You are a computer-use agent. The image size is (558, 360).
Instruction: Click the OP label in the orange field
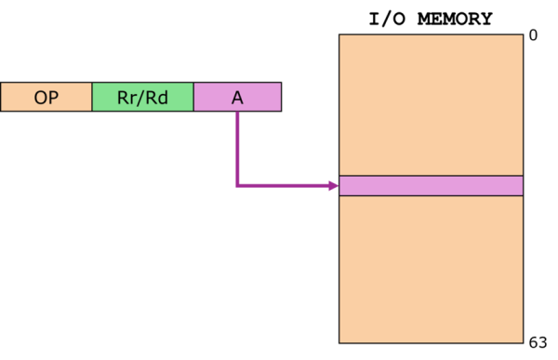[x=46, y=97]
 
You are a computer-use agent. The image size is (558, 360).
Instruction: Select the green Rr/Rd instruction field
[x=142, y=97]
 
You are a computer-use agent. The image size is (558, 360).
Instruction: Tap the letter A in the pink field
[x=237, y=97]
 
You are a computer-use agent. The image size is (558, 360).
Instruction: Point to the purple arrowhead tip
[x=338, y=186]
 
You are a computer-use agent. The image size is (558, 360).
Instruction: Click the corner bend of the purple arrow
[x=237, y=186]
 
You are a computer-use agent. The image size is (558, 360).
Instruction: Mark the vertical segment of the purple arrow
[x=237, y=149]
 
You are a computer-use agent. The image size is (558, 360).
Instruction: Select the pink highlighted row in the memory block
[x=431, y=186]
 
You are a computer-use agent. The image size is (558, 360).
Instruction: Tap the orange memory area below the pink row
[x=431, y=270]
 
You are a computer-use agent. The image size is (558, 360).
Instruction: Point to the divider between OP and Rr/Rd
[x=92, y=97]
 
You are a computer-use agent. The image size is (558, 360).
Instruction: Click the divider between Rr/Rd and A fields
[x=193, y=97]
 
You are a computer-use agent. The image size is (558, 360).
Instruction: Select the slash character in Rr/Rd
[x=142, y=97]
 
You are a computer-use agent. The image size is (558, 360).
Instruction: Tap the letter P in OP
[x=53, y=97]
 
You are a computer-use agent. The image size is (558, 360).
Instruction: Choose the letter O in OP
[x=40, y=97]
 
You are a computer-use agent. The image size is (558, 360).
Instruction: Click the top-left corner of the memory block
[x=339, y=35]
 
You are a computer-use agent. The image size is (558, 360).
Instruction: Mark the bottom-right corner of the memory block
[x=523, y=342]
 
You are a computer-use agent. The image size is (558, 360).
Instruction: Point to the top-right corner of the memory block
[x=523, y=35]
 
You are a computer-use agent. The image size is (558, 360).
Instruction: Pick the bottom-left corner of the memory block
[x=339, y=342]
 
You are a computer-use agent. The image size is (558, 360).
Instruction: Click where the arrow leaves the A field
[x=237, y=112]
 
